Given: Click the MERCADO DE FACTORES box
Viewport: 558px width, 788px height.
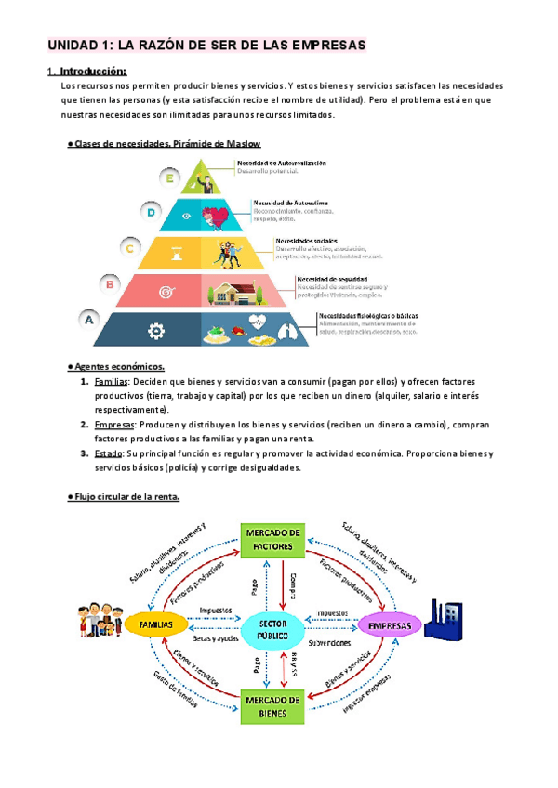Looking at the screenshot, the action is pos(272,538).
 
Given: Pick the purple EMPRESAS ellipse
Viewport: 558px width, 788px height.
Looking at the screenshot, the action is pos(389,625).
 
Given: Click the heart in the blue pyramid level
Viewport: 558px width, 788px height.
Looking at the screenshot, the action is pos(218,216).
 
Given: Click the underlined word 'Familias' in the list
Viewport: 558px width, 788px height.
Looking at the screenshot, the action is pos(113,382).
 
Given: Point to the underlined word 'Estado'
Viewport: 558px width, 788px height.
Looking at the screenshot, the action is pos(109,453).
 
